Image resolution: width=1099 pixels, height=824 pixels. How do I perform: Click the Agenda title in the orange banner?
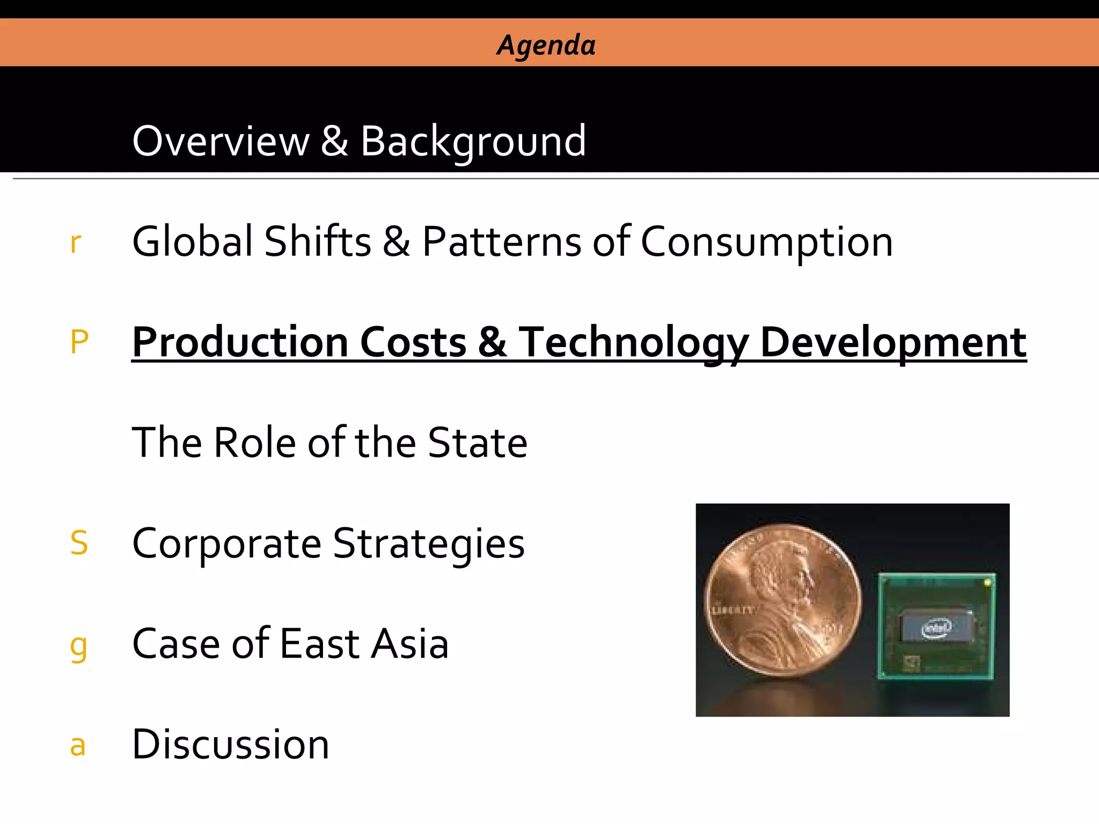pos(546,45)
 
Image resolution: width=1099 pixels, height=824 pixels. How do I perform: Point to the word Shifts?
pos(318,241)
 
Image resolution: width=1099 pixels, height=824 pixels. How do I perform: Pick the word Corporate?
pos(226,544)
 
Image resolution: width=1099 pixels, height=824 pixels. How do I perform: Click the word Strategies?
pos(429,544)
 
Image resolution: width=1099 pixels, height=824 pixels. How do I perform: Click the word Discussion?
pos(230,745)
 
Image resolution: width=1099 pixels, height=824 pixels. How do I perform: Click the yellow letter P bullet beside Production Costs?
pos(79,342)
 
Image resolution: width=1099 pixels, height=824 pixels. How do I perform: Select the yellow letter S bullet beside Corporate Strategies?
pos(79,543)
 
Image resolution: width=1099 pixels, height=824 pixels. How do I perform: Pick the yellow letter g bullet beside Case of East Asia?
pos(78,647)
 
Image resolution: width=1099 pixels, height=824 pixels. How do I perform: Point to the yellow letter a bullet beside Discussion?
pos(78,746)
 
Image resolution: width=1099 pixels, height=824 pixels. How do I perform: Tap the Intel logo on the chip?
pos(936,628)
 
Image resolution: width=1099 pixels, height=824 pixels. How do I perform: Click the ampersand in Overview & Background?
pos(334,141)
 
